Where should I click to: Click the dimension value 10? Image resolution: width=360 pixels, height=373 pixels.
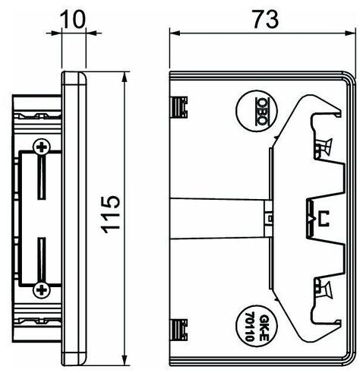(73, 20)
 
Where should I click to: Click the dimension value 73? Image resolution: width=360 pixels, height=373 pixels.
(266, 19)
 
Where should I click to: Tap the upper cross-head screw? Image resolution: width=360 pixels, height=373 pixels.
(42, 147)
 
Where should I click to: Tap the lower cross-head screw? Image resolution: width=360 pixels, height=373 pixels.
(42, 289)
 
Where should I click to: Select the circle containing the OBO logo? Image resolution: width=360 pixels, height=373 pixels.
(257, 111)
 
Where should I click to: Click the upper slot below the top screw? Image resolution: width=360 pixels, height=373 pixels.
(42, 178)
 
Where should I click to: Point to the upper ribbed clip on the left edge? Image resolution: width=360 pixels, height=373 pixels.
(179, 107)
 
